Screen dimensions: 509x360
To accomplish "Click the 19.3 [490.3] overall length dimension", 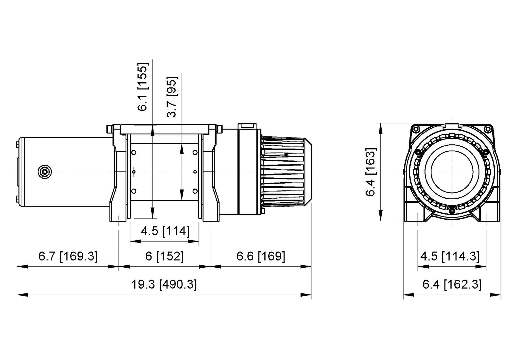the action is pos(164,284).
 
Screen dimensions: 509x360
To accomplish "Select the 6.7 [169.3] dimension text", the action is pos(68,256).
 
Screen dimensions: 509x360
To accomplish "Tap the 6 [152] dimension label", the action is pos(164,256).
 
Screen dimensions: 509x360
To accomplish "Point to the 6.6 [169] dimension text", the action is pos(261,256).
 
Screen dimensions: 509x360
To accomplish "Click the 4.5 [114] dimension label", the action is pos(165,231).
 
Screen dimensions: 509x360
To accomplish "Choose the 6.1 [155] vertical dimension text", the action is pos(143,87).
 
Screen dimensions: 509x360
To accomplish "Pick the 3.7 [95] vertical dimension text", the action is pos(172,97).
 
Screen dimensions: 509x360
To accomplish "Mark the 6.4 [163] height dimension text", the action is pos(371,172).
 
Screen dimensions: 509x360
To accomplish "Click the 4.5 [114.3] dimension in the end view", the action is pos(450,256).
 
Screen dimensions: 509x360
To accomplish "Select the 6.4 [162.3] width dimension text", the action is pos(452,284).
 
